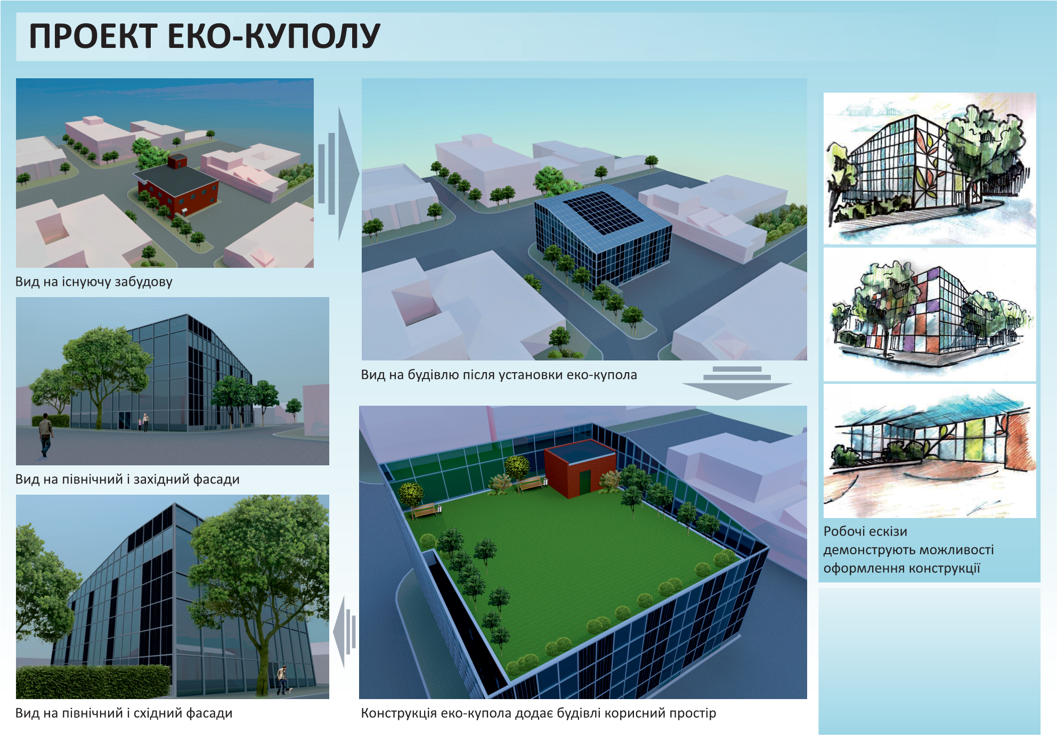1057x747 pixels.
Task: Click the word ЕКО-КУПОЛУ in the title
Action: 274,36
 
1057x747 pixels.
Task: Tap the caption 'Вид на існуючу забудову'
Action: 94,282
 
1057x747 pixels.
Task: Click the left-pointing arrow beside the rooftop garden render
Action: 344,632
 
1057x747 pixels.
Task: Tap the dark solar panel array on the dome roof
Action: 603,212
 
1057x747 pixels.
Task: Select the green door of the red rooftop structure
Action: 585,481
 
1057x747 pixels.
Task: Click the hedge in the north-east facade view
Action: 93,682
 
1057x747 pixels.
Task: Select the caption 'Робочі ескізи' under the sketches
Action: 865,531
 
